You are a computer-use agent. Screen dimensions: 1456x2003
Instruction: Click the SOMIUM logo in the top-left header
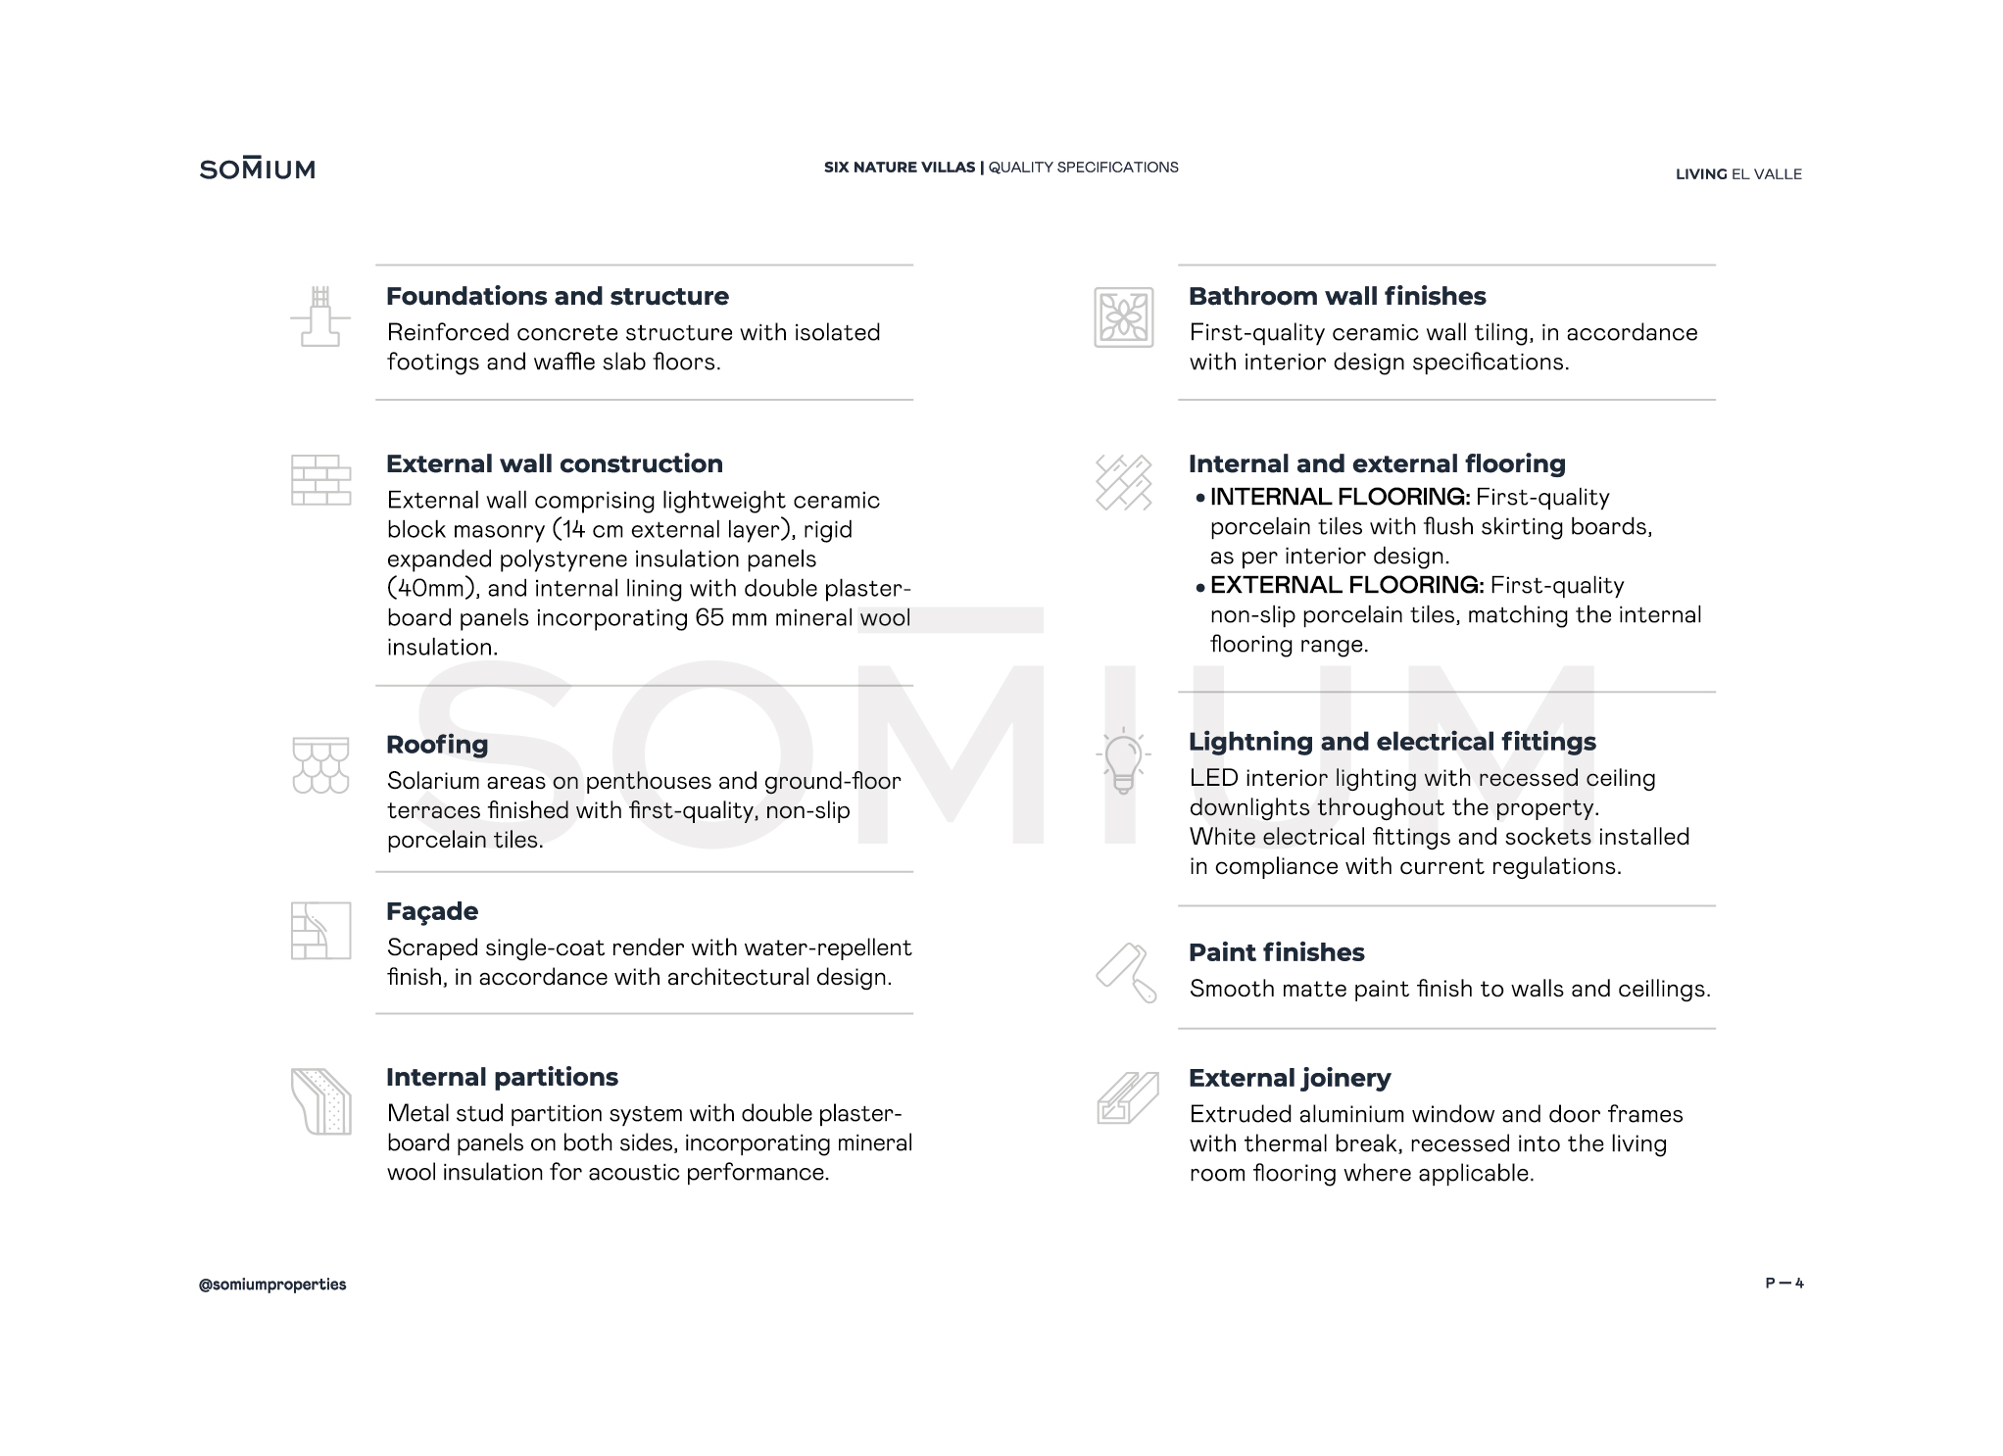click(257, 169)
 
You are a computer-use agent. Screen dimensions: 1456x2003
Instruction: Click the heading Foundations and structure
click(557, 296)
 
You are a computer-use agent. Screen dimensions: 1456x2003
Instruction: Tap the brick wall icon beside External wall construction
click(320, 480)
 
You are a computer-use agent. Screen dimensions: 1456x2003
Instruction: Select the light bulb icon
click(1123, 761)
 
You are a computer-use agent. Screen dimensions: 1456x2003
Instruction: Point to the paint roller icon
click(1126, 972)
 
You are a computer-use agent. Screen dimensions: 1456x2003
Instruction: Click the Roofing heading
click(437, 745)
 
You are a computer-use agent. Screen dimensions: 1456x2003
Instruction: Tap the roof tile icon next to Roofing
click(320, 765)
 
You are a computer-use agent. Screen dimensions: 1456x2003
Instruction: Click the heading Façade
click(432, 911)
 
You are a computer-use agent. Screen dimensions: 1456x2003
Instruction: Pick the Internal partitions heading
click(502, 1077)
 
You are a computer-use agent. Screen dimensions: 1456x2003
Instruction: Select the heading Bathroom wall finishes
click(1337, 296)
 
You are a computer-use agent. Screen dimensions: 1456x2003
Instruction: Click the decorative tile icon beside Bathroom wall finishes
click(1123, 317)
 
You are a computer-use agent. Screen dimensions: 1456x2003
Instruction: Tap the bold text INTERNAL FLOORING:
click(1340, 498)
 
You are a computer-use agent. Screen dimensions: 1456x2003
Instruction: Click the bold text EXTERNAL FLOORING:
click(1346, 586)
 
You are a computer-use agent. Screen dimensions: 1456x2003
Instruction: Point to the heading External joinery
click(1290, 1078)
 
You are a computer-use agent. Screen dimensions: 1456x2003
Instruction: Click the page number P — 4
click(1783, 1284)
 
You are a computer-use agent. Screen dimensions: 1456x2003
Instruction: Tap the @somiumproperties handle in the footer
click(272, 1285)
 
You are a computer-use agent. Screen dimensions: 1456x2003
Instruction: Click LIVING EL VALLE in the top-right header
click(1738, 174)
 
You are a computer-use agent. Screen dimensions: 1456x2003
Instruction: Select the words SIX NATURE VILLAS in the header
click(900, 168)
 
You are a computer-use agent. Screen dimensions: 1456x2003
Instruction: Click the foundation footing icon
click(320, 316)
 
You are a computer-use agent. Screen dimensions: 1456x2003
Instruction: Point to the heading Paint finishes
click(1276, 952)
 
